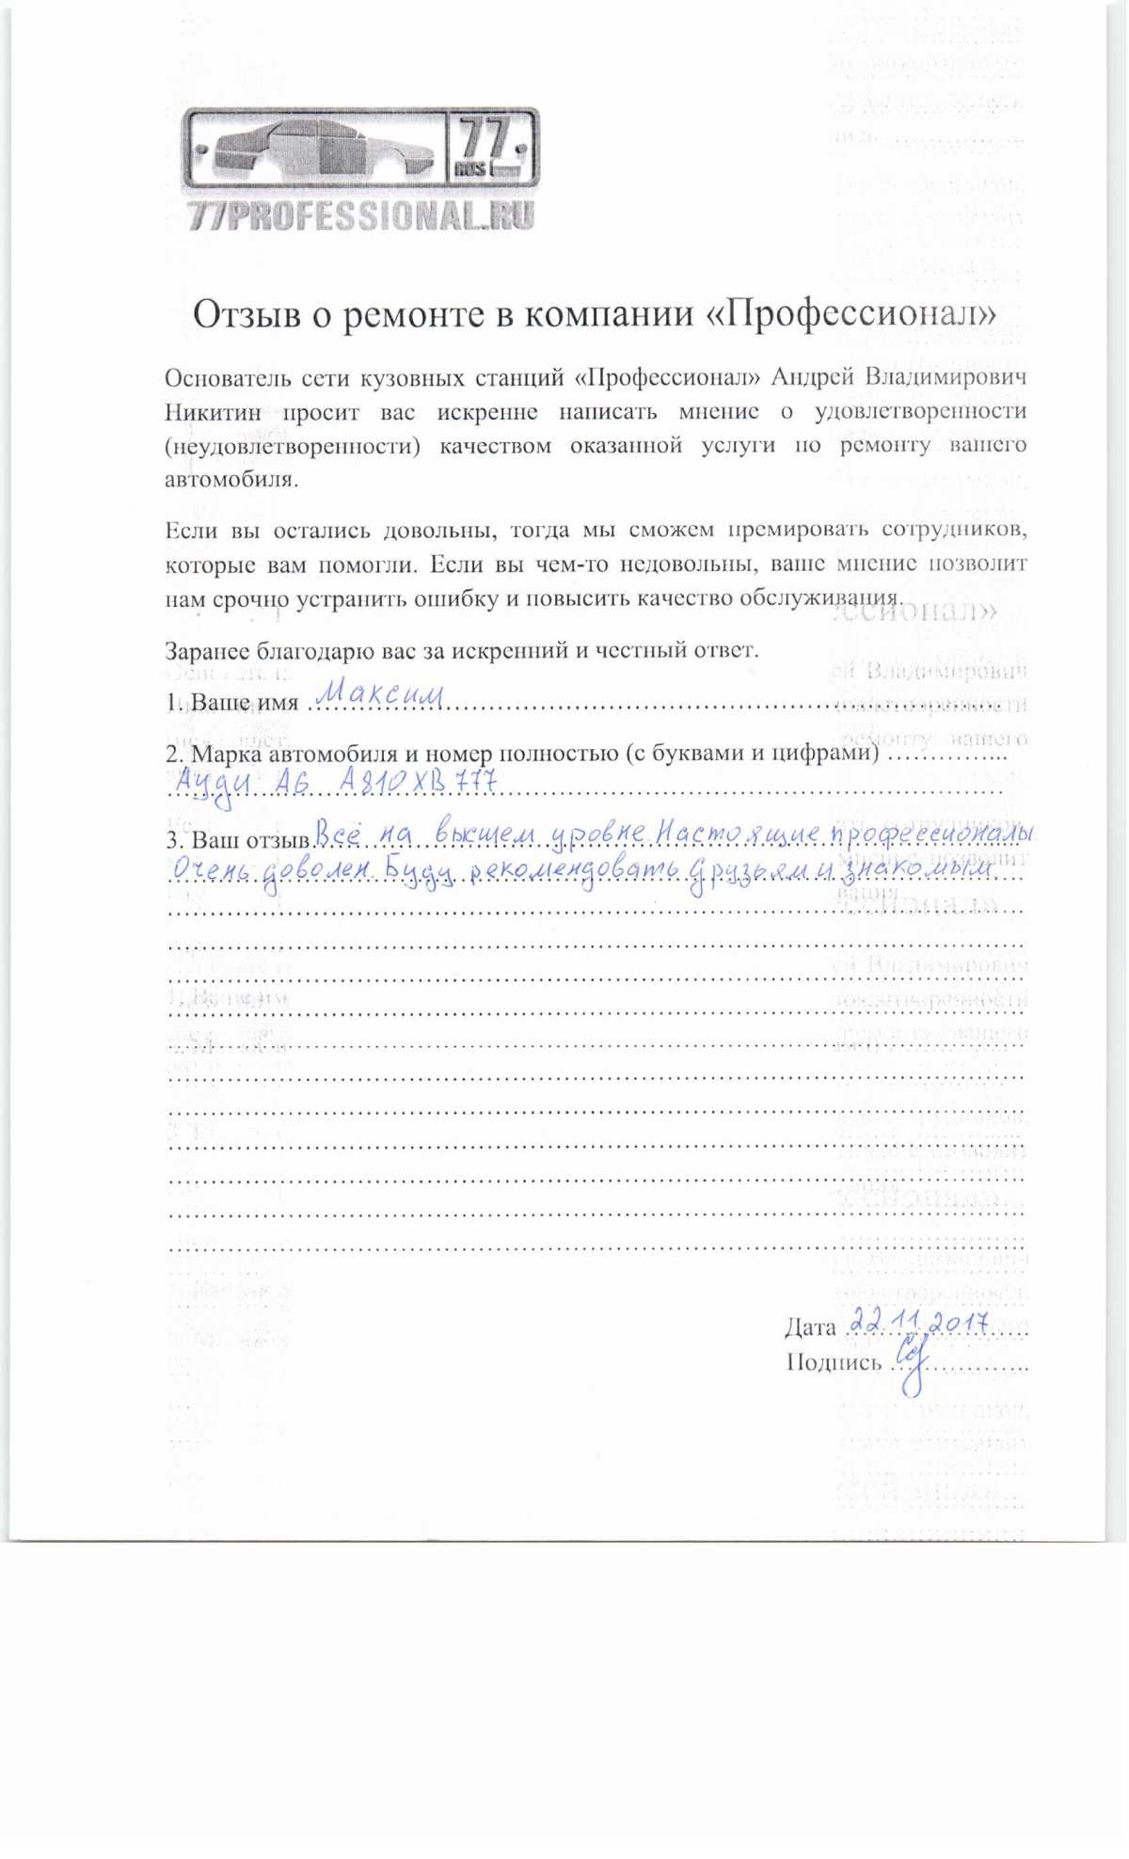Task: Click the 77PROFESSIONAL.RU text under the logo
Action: pos(361,216)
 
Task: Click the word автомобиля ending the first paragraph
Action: pos(231,479)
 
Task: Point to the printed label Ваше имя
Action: pos(245,702)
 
